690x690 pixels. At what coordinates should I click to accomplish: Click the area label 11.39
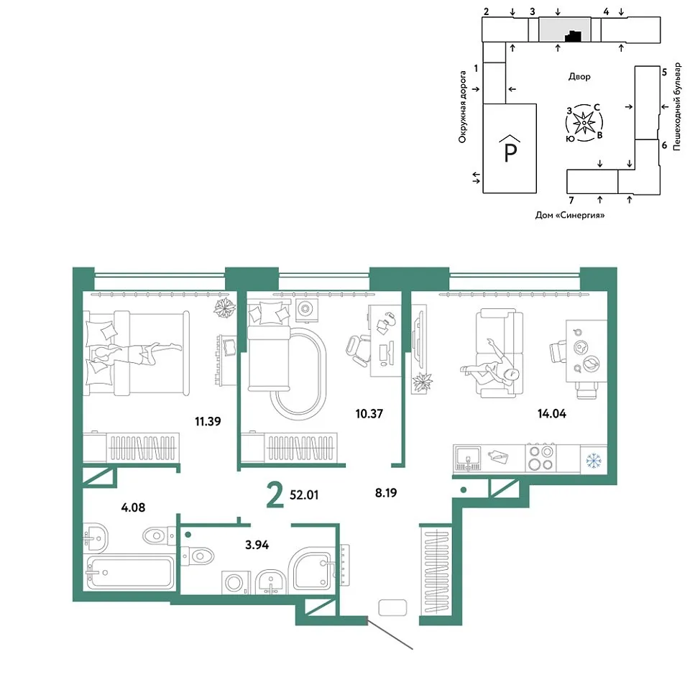pyautogui.click(x=208, y=421)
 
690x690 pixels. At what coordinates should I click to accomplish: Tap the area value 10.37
pyautogui.click(x=369, y=414)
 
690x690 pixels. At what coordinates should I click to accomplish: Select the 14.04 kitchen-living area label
pyautogui.click(x=552, y=414)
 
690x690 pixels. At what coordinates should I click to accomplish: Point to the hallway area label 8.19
pyautogui.click(x=386, y=492)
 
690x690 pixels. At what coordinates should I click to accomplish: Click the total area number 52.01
pyautogui.click(x=304, y=495)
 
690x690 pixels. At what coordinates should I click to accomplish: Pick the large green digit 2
pyautogui.click(x=275, y=494)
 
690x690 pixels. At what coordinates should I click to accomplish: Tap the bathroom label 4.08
pyautogui.click(x=133, y=507)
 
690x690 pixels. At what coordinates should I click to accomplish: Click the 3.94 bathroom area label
pyautogui.click(x=257, y=545)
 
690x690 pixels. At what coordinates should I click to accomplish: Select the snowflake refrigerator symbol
pyautogui.click(x=594, y=461)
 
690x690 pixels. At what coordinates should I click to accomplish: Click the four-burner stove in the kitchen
pyautogui.click(x=540, y=458)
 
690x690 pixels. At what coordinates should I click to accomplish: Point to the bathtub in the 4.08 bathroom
pyautogui.click(x=130, y=573)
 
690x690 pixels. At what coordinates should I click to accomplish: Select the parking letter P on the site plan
pyautogui.click(x=510, y=151)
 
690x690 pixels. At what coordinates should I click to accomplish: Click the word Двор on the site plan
pyautogui.click(x=579, y=77)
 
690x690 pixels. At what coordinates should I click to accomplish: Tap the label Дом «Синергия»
pyautogui.click(x=570, y=215)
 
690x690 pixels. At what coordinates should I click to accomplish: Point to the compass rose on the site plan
pyautogui.click(x=584, y=123)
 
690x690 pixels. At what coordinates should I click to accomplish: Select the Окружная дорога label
pyautogui.click(x=462, y=107)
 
